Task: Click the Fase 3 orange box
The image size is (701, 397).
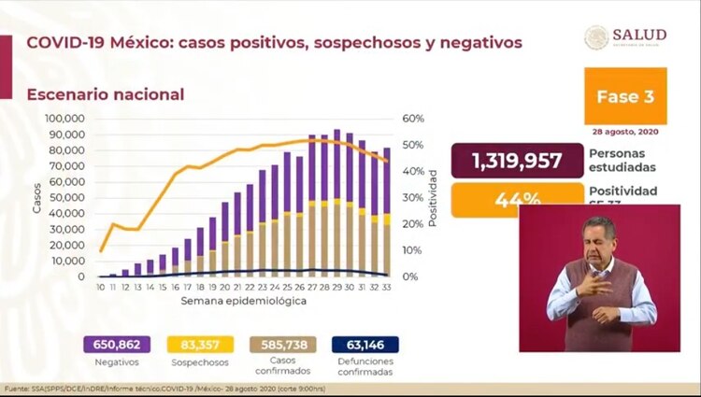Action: pyautogui.click(x=625, y=96)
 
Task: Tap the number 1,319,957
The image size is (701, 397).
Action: pyautogui.click(x=517, y=161)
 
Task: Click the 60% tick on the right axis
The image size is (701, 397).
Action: pyautogui.click(x=413, y=119)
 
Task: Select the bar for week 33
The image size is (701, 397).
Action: pyautogui.click(x=387, y=213)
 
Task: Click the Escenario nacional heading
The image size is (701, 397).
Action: pyautogui.click(x=106, y=94)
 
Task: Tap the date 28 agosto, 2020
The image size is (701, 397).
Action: pyautogui.click(x=625, y=131)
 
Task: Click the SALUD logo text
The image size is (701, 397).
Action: pyautogui.click(x=639, y=35)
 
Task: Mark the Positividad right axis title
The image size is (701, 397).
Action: pyautogui.click(x=435, y=197)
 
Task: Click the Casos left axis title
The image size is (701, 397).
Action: pyautogui.click(x=37, y=197)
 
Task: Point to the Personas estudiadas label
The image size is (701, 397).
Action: pyautogui.click(x=623, y=160)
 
